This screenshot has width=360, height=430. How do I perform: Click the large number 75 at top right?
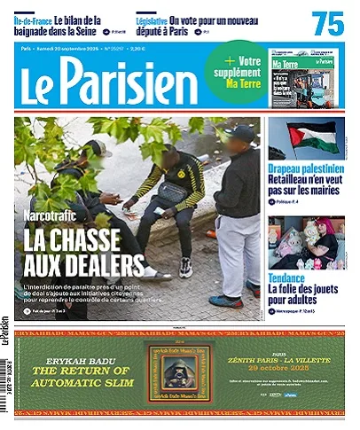point(328,24)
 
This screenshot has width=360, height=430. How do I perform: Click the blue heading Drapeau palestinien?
point(306,168)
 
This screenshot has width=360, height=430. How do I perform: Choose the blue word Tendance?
point(287,278)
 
